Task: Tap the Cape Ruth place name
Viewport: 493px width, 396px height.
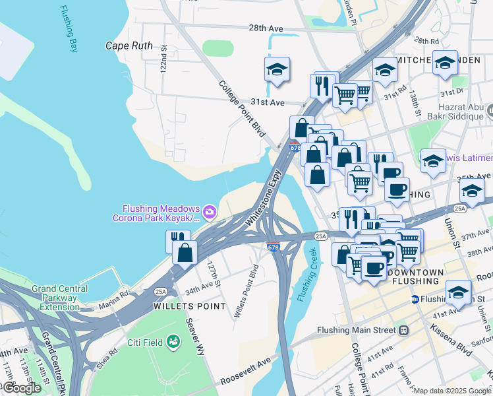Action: (x=129, y=46)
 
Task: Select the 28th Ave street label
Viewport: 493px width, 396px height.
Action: (x=266, y=28)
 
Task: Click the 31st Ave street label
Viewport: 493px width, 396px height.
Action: (x=267, y=103)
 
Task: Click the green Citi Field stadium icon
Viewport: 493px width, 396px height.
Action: (x=173, y=341)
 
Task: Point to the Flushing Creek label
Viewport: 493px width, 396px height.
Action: (x=308, y=274)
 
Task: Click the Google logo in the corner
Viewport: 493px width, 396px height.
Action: (x=22, y=388)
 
